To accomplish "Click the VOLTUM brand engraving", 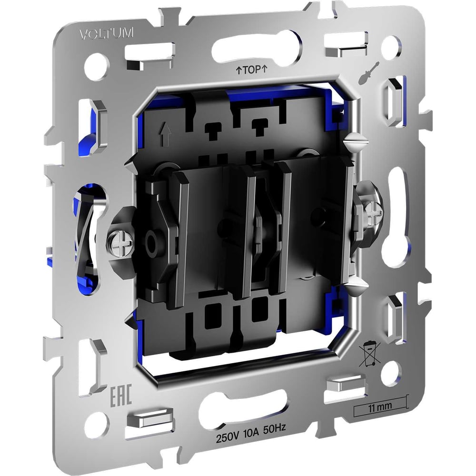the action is tap(106, 34).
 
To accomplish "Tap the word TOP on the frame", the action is tap(251, 70).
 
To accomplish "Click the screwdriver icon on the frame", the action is tap(368, 73).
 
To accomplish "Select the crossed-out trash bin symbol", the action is tap(368, 354).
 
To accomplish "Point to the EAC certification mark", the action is tap(120, 395).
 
